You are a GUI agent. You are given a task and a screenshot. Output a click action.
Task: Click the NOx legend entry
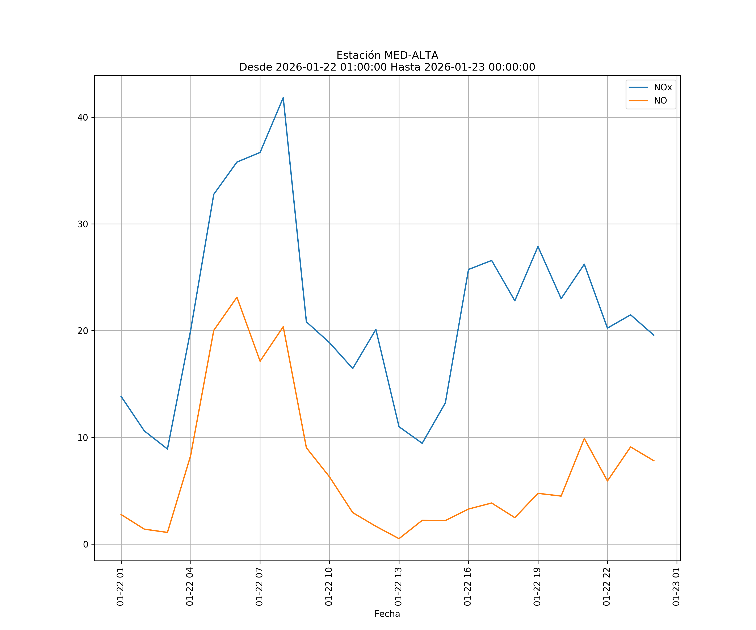click(x=662, y=88)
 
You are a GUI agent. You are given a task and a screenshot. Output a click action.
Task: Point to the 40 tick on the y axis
click(x=83, y=117)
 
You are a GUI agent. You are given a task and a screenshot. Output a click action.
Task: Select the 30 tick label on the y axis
click(x=83, y=224)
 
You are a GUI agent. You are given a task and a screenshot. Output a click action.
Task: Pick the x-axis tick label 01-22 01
click(x=121, y=587)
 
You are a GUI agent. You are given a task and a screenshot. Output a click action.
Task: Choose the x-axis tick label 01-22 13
click(x=398, y=587)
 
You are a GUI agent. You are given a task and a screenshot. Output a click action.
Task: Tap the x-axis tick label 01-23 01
click(x=676, y=587)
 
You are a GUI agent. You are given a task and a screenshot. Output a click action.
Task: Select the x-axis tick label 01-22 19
click(x=537, y=587)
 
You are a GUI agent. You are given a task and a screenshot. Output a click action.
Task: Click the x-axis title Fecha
click(x=387, y=614)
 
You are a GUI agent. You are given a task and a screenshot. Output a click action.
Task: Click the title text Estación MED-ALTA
click(x=387, y=55)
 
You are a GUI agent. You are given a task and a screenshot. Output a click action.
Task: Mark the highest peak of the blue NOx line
click(x=283, y=98)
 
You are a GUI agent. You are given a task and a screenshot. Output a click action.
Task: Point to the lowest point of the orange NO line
click(x=399, y=539)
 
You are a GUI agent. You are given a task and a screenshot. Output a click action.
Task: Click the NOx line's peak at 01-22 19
click(x=538, y=247)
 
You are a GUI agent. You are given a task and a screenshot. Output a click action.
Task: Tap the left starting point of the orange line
click(x=121, y=514)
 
